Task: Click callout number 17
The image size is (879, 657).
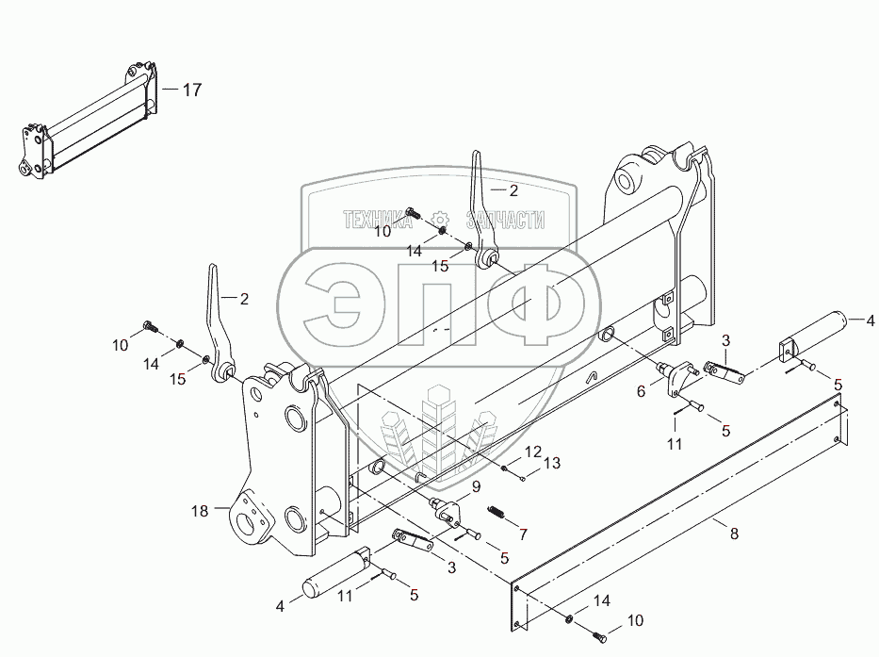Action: coord(192,90)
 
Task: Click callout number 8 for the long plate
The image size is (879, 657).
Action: coord(734,534)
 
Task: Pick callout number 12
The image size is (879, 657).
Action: coord(533,451)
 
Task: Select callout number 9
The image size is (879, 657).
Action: coord(476,487)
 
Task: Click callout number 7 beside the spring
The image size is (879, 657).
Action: coord(523,534)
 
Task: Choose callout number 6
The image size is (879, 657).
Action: coord(641,390)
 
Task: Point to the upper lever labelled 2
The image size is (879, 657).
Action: coord(480,203)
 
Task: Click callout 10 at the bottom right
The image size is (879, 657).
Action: coord(637,621)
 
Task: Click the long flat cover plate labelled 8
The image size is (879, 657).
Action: coord(678,514)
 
